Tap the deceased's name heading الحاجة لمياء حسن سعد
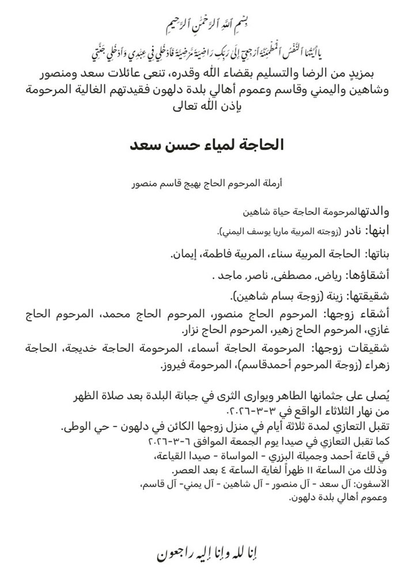(x=207, y=144)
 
